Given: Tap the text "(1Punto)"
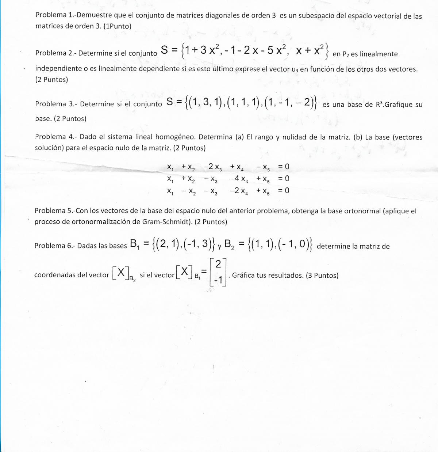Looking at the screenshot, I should [x=118, y=26].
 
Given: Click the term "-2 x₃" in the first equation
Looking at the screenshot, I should [x=213, y=167].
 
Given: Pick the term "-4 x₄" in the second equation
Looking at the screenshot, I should [x=239, y=179].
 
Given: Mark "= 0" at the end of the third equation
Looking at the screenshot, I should [x=284, y=190].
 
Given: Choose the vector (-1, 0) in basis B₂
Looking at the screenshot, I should [x=292, y=244].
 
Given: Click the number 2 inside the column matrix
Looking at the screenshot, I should [x=218, y=264].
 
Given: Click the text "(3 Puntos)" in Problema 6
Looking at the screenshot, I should [x=322, y=276].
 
